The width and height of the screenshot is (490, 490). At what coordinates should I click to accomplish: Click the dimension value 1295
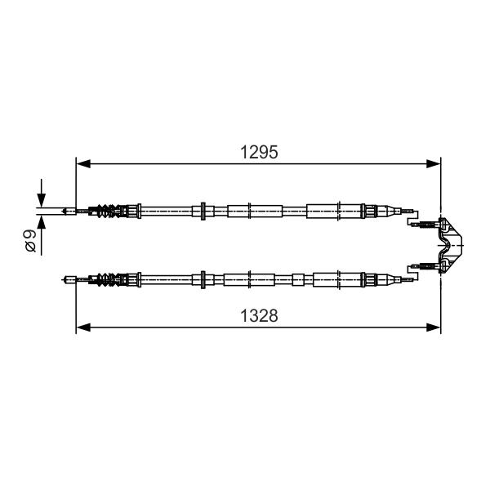tap(259, 153)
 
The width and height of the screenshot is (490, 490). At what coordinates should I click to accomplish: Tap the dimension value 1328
tap(259, 315)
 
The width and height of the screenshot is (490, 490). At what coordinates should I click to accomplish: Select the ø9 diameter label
tap(31, 241)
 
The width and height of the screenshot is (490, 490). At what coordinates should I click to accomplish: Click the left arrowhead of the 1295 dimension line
tap(83, 163)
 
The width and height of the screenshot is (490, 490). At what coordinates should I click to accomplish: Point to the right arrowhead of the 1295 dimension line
tap(434, 163)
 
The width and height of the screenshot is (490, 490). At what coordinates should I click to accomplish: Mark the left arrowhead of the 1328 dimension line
tap(83, 327)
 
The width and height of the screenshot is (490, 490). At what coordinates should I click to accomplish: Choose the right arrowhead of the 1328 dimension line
tap(434, 327)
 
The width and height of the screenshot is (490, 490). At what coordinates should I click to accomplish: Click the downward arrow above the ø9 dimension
tap(42, 193)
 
